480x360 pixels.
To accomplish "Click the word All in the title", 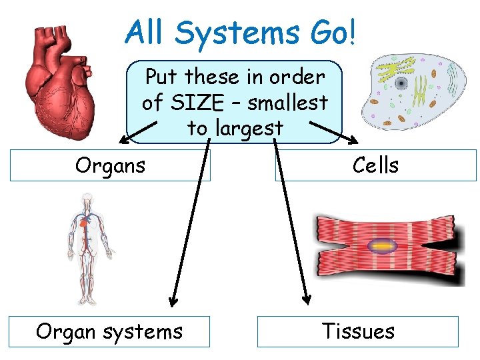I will pos(148,31).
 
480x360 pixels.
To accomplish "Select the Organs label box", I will pos(110,165).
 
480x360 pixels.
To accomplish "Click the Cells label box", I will pos(376,165).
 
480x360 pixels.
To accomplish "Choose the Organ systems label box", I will pos(109,331).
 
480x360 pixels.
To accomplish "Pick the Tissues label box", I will pos(358,331).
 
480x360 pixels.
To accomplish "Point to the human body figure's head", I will pos(86,201).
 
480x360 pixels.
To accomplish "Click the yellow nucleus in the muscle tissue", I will pos(382,246).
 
